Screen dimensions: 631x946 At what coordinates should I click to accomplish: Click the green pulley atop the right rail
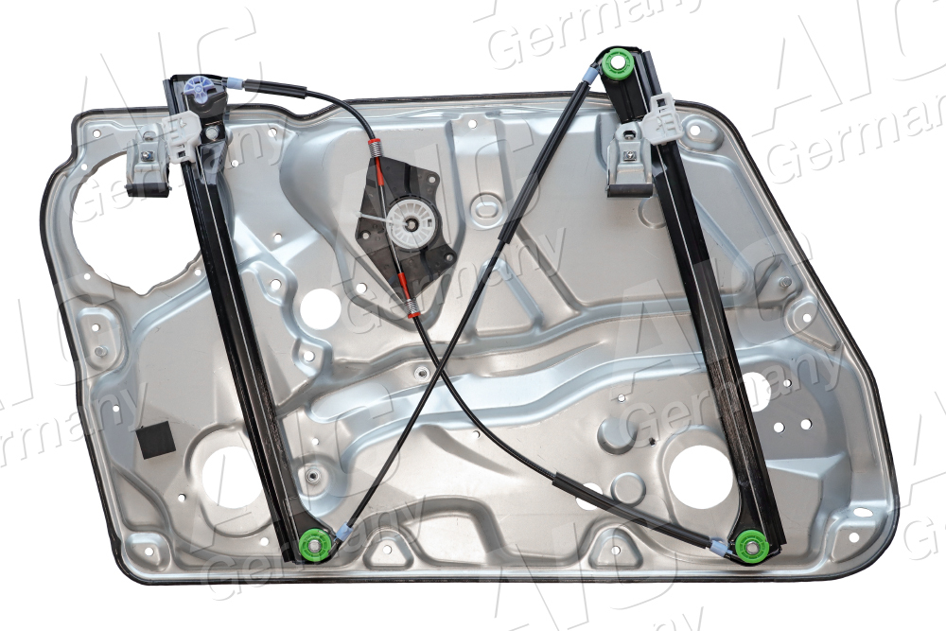click(x=620, y=66)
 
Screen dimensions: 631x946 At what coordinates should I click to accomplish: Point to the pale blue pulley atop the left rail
click(x=201, y=88)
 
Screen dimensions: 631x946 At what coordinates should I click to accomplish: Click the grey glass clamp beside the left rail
click(x=149, y=159)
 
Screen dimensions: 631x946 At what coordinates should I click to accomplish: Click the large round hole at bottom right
click(x=701, y=473)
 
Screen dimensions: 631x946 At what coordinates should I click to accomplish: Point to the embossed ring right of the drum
click(x=486, y=208)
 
